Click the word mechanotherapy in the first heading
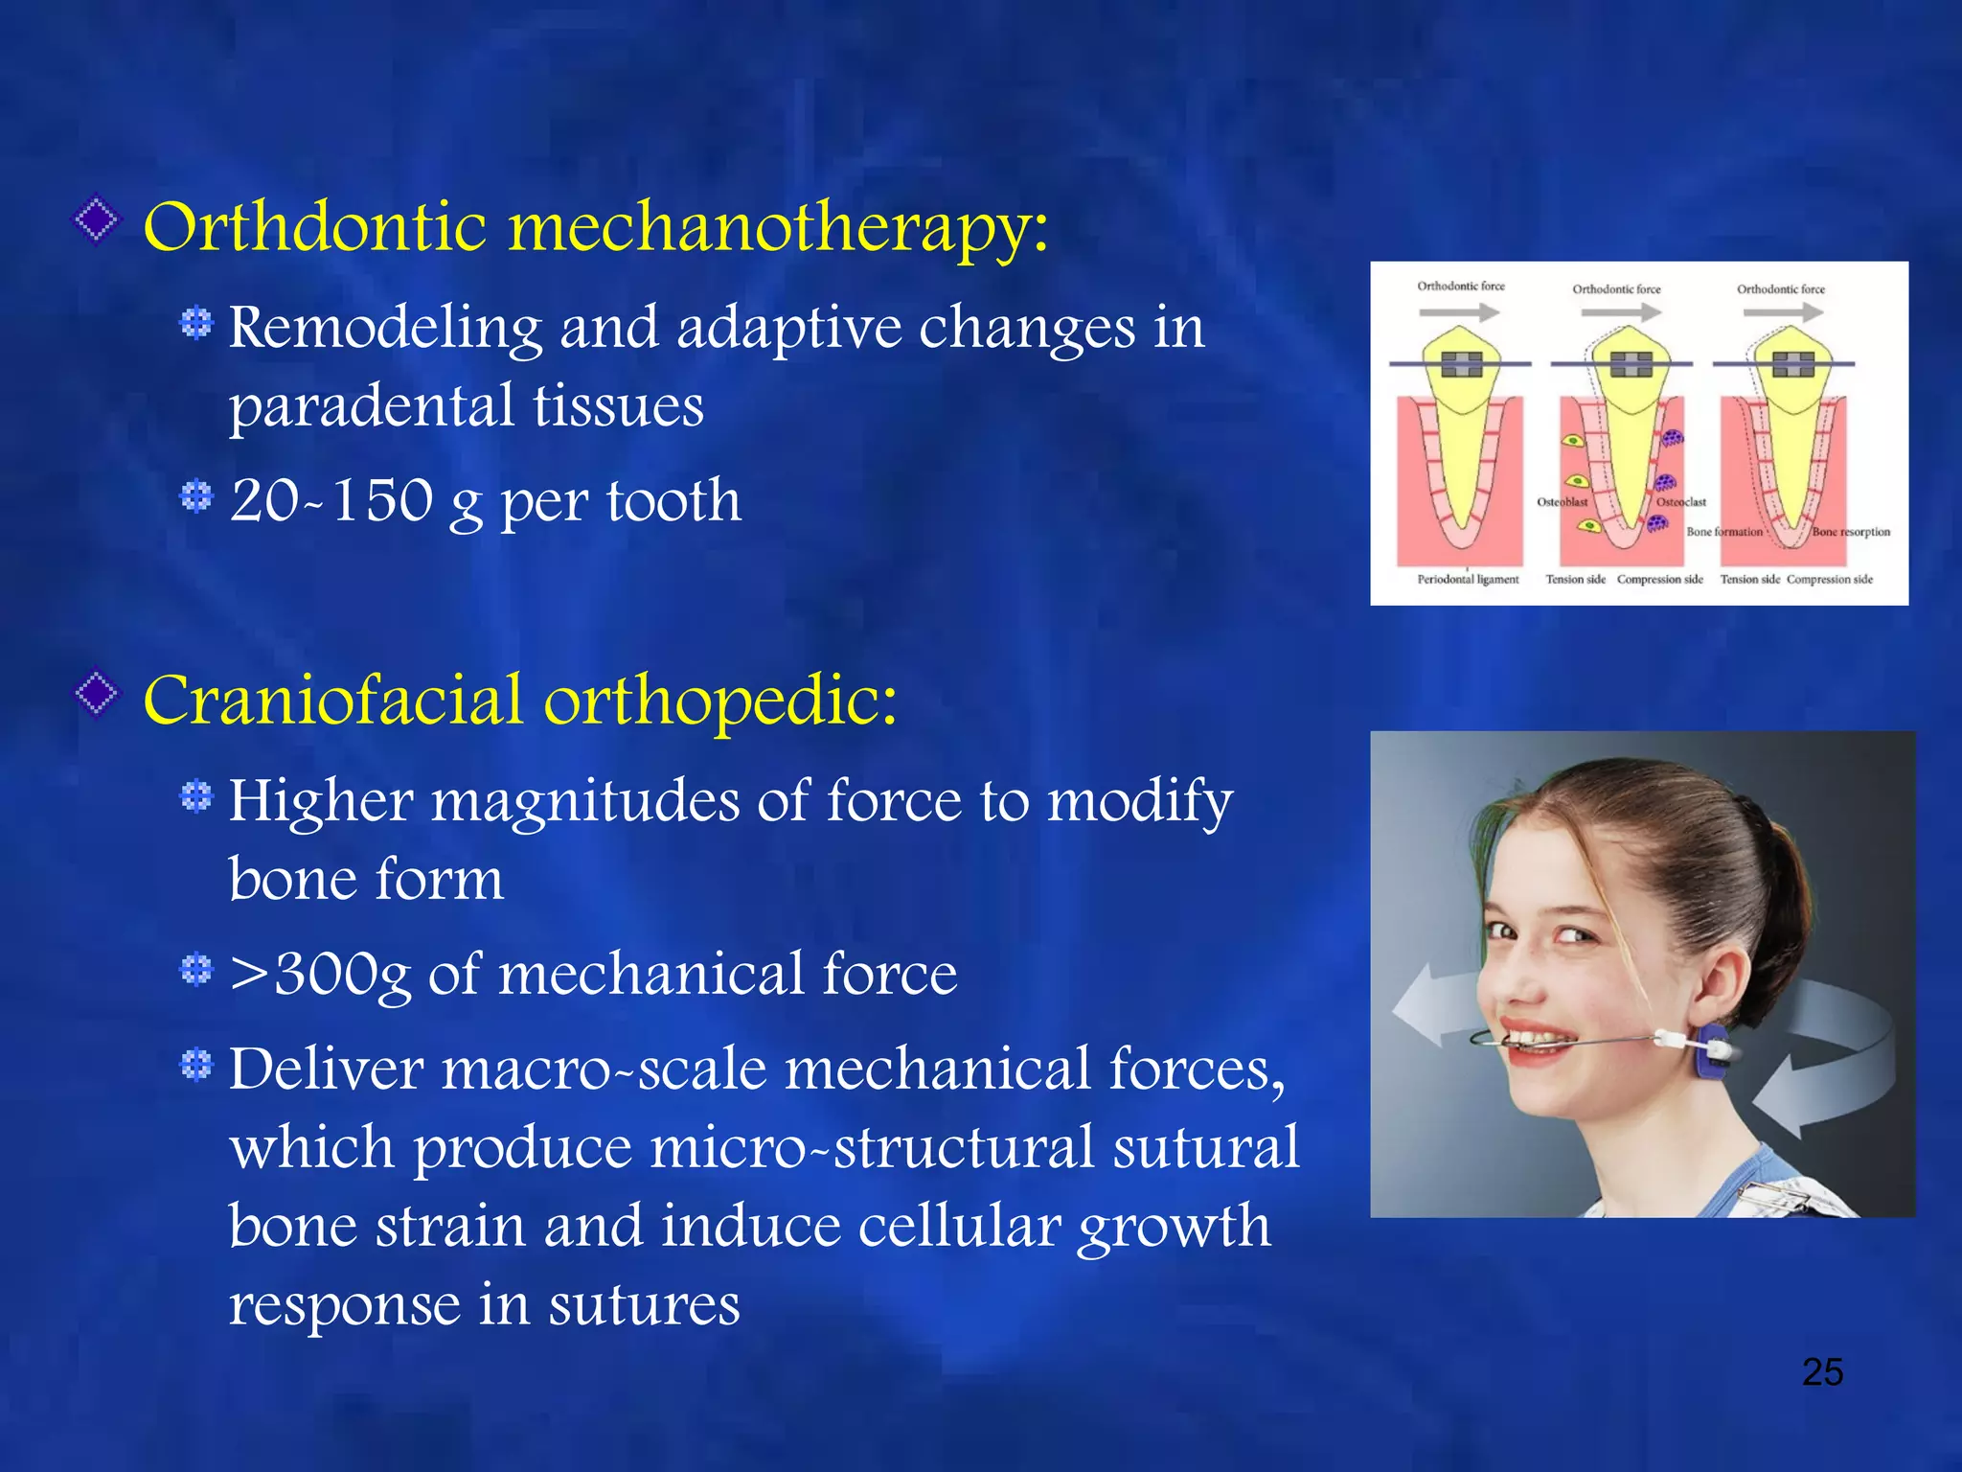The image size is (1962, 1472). pos(778,228)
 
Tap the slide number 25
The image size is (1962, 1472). pos(1822,1372)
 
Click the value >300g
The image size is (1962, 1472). pos(320,975)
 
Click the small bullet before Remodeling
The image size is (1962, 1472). pos(196,323)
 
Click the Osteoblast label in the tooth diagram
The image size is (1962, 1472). pos(1563,502)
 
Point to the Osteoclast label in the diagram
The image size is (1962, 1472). pos(1682,502)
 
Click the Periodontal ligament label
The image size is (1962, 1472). pos(1468,580)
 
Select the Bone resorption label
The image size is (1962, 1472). pos(1851,532)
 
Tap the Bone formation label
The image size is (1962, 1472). pos(1724,532)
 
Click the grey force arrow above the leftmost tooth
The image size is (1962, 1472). pos(1459,312)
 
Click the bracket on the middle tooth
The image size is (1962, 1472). pos(1631,364)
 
